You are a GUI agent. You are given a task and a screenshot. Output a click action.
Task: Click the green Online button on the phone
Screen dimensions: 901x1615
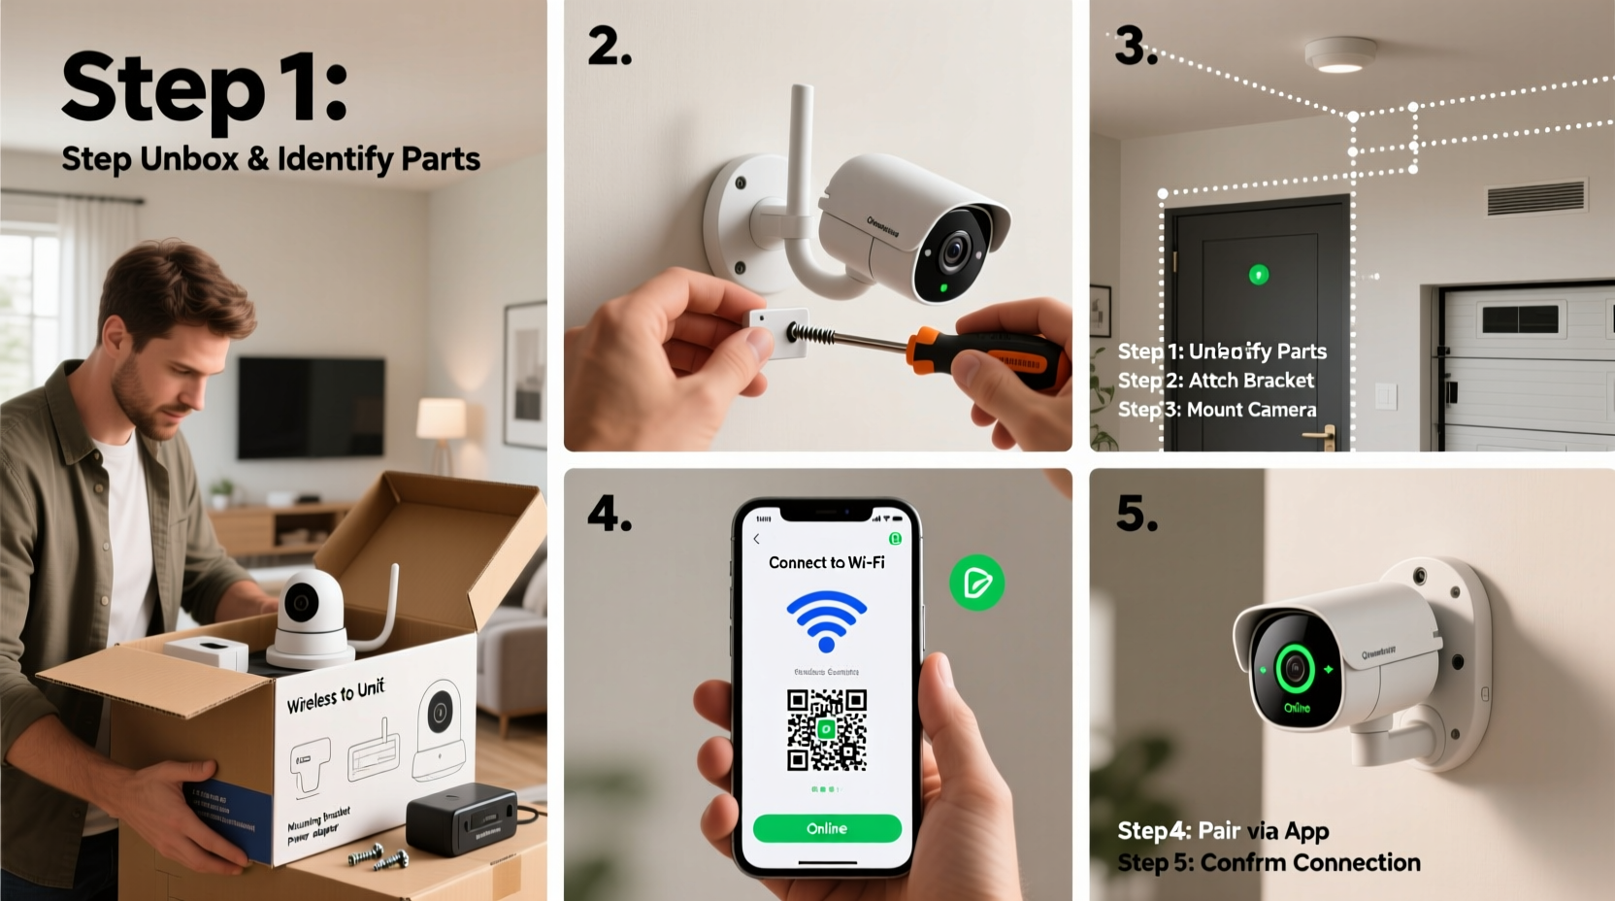[x=827, y=828]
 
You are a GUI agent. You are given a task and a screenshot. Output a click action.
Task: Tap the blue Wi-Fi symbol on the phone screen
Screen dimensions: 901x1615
[x=826, y=621]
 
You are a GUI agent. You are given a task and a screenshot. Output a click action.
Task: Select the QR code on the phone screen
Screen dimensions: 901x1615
[x=826, y=730]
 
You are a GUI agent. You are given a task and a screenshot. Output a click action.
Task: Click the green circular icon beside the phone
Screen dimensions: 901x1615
[x=976, y=583]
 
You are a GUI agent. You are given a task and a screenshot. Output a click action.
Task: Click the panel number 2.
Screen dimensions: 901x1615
[x=610, y=47]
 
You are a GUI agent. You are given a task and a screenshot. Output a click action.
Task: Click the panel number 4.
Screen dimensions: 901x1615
[x=610, y=514]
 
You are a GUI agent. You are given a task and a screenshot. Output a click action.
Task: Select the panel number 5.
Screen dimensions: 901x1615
[x=1137, y=514]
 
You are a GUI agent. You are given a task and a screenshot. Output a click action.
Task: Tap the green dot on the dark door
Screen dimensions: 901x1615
[x=1258, y=275]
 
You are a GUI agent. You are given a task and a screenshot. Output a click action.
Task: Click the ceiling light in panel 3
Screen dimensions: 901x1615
[x=1339, y=55]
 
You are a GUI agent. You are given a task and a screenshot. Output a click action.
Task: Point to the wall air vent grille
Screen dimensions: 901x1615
[x=1536, y=197]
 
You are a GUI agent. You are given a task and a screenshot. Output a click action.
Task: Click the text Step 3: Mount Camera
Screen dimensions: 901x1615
[x=1217, y=410]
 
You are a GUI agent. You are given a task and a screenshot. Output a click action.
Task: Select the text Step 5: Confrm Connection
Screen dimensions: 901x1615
[x=1269, y=862]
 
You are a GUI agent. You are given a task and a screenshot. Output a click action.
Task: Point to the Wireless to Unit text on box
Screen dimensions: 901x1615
[x=336, y=695]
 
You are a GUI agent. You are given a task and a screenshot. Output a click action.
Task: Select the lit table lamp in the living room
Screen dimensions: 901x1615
[x=441, y=419]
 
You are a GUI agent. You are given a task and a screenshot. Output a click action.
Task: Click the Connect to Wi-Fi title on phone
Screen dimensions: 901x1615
[x=826, y=562]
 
